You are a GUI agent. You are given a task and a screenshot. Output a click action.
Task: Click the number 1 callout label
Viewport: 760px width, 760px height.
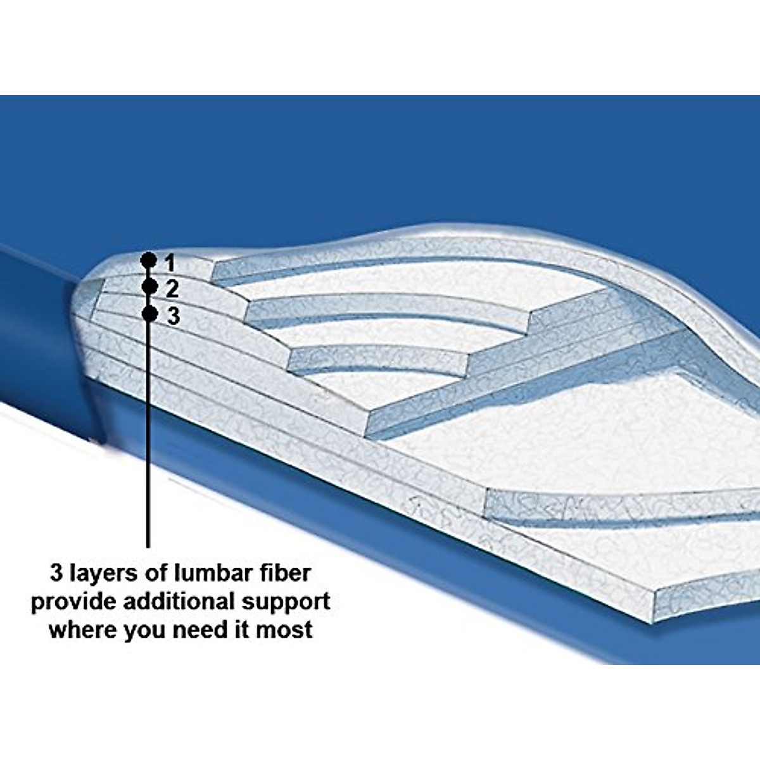pos(169,262)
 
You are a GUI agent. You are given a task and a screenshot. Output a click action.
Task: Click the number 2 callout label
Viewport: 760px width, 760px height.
pos(172,289)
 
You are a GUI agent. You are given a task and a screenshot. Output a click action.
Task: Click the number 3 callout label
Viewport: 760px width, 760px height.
pos(173,315)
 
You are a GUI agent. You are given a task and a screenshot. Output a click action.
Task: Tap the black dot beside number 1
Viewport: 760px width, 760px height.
pos(148,260)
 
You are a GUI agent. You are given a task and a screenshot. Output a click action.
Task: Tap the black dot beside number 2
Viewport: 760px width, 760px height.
pos(149,286)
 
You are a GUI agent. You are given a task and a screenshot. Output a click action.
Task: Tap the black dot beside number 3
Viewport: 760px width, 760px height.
pos(149,313)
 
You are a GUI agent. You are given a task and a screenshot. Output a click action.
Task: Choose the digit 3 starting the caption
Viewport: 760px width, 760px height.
pos(57,573)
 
